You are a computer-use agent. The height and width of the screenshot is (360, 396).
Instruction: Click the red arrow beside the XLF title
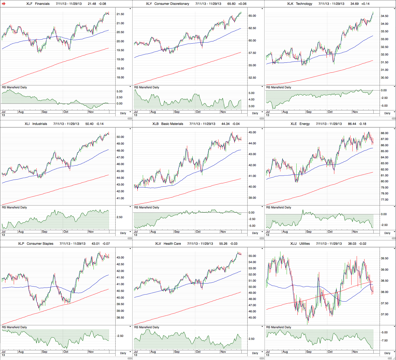pyautogui.click(x=4, y=4)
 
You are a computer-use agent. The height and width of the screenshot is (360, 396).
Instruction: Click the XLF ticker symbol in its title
pyautogui.click(x=29, y=4)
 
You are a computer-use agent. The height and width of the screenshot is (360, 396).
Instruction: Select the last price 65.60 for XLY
pyautogui.click(x=231, y=4)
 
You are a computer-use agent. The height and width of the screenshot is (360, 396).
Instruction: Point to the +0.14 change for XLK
pyautogui.click(x=366, y=4)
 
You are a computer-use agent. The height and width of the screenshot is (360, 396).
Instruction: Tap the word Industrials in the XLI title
pyautogui.click(x=40, y=124)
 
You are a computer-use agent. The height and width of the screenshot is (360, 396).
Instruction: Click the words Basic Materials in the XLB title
pyautogui.click(x=172, y=124)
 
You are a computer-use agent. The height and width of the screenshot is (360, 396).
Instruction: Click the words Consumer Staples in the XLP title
pyautogui.click(x=40, y=244)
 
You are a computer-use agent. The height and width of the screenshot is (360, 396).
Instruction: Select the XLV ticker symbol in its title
pyautogui.click(x=158, y=244)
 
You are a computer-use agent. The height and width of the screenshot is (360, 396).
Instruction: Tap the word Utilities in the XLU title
pyautogui.click(x=304, y=244)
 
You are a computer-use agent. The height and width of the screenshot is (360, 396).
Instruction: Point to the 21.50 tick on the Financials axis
pyautogui.click(x=120, y=14)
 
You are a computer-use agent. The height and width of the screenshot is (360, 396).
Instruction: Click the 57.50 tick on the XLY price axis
pyautogui.click(x=252, y=53)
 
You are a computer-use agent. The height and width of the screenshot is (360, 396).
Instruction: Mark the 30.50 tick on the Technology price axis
pyautogui.click(x=384, y=78)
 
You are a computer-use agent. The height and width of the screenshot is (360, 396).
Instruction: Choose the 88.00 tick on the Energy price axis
pyautogui.click(x=384, y=133)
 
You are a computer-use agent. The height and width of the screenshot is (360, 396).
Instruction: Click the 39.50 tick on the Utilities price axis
pyautogui.click(x=384, y=258)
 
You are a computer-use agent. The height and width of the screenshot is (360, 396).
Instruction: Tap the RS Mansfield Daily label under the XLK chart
pyautogui.click(x=279, y=87)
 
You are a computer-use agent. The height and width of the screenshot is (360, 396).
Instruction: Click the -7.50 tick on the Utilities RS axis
pyautogui.click(x=384, y=341)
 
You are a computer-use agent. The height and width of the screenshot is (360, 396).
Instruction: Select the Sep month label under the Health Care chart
pyautogui.click(x=177, y=352)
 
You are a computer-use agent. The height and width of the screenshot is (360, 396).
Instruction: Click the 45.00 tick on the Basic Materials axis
pyautogui.click(x=252, y=132)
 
